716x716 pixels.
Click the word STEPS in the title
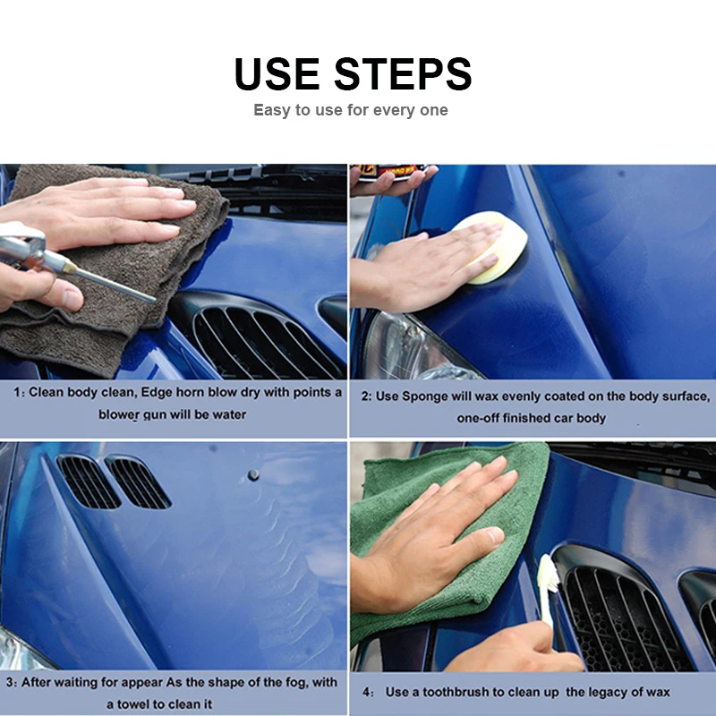(403, 73)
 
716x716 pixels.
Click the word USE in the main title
(277, 73)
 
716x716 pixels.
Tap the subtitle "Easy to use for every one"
(351, 110)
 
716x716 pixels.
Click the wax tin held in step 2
(394, 173)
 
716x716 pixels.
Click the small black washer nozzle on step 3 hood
(253, 475)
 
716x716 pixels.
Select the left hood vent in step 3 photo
(88, 482)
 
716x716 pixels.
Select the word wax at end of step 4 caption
(658, 692)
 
